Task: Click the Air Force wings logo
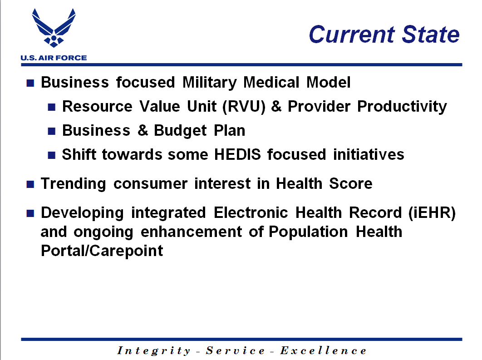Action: tap(54, 28)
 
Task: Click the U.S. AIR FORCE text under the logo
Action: tap(54, 58)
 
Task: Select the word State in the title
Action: tap(431, 35)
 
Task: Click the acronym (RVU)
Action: tap(244, 107)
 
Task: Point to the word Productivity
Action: tap(402, 107)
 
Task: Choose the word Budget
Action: tap(180, 131)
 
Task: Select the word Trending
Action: tap(74, 184)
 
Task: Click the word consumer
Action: tap(150, 184)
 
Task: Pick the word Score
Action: tap(351, 183)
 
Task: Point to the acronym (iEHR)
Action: tap(432, 213)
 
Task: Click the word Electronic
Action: tap(251, 213)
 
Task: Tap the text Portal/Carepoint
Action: tap(102, 251)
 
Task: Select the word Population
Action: tap(308, 232)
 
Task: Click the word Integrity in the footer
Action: tap(154, 351)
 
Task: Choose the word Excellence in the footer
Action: tap(323, 350)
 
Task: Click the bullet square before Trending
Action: tap(30, 184)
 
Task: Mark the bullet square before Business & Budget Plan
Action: tap(52, 131)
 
